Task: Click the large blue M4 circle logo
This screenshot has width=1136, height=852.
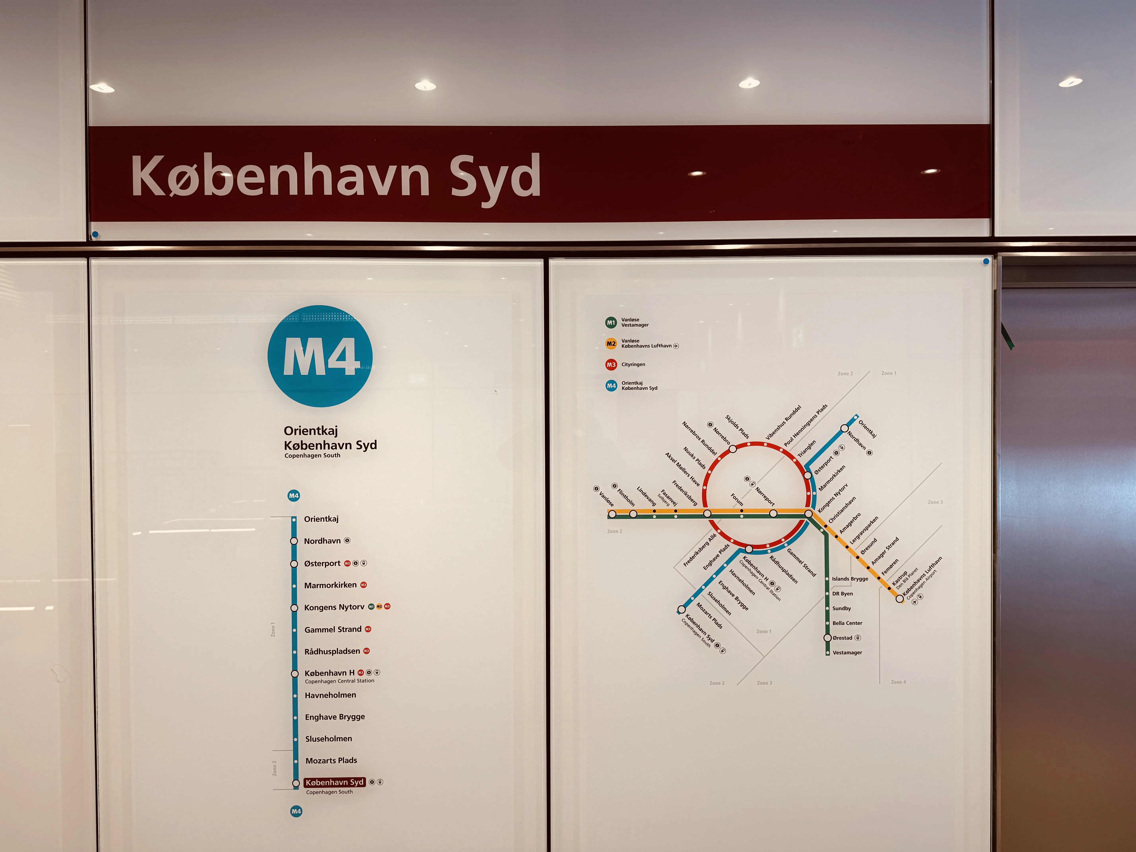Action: [320, 356]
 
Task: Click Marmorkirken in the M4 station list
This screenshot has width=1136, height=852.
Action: [330, 585]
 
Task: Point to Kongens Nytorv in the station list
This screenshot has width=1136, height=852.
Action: [334, 607]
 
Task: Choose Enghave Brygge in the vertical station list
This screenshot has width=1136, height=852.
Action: [335, 717]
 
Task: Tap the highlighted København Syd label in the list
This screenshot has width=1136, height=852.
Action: [334, 782]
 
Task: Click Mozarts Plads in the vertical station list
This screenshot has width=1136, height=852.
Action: [331, 761]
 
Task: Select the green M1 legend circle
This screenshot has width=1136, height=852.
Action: [611, 323]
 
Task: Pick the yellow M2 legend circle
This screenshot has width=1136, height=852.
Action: [611, 344]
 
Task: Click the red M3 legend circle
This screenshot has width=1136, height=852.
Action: [611, 365]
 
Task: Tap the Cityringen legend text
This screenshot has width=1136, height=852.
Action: [633, 365]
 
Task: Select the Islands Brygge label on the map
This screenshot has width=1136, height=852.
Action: [850, 579]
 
